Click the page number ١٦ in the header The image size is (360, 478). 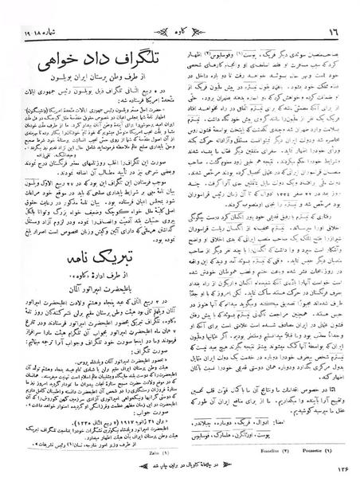338,12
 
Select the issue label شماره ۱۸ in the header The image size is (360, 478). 31,12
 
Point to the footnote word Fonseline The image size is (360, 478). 262,446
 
